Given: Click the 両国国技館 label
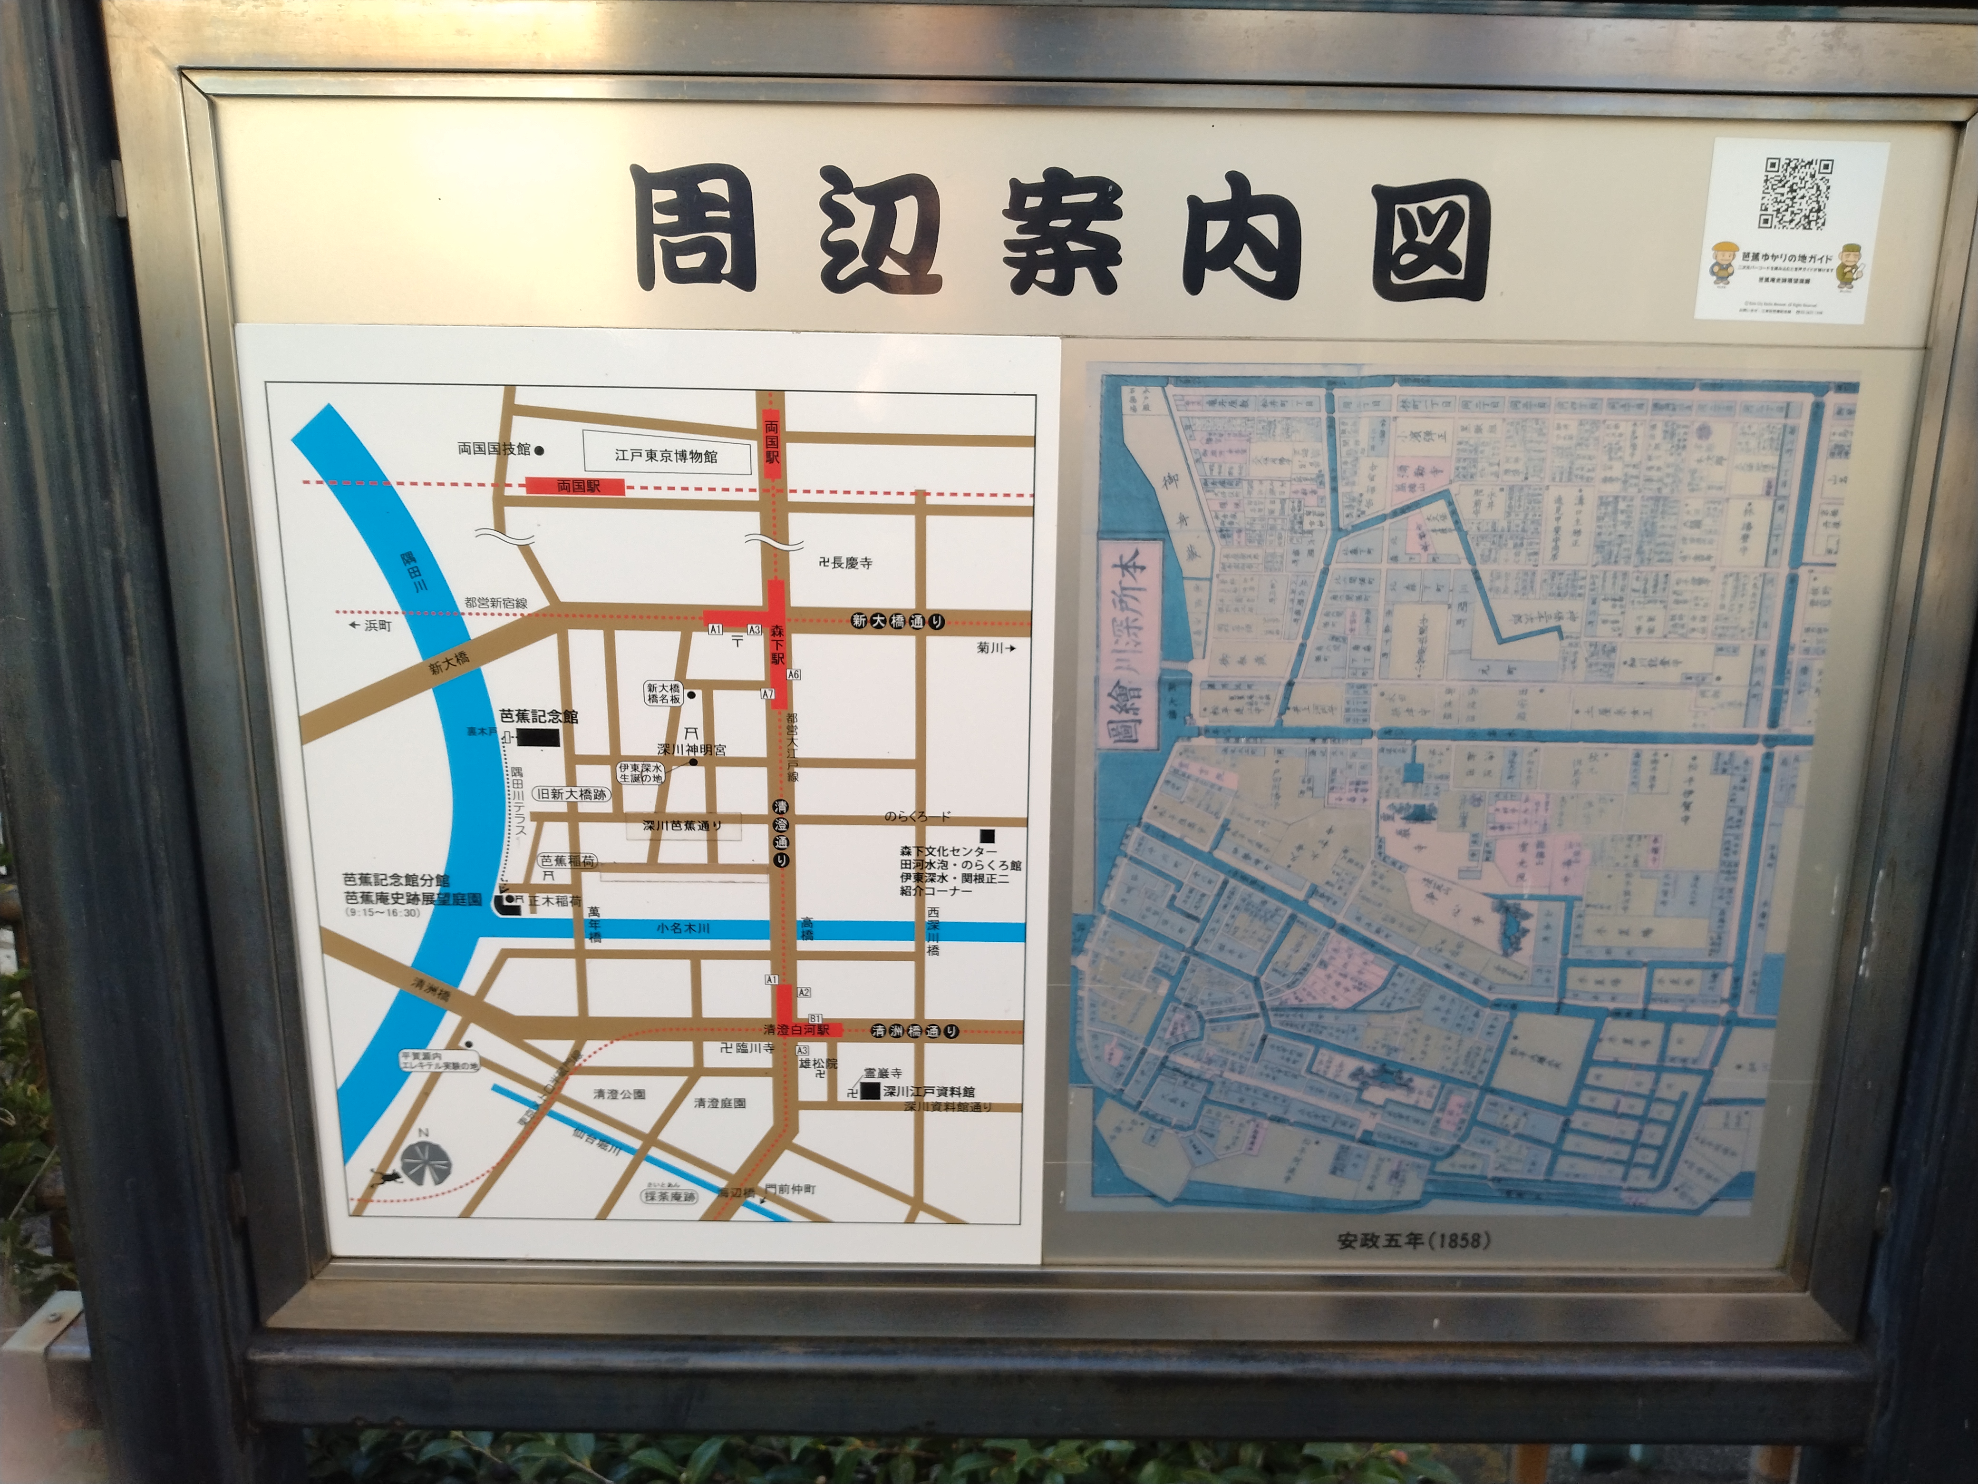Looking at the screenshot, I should [x=494, y=449].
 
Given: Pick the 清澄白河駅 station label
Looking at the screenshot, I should [x=796, y=1030].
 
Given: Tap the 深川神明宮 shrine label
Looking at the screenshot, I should [x=691, y=749].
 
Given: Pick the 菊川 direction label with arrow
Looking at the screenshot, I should [x=995, y=648].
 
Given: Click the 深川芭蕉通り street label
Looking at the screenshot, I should [x=682, y=826].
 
